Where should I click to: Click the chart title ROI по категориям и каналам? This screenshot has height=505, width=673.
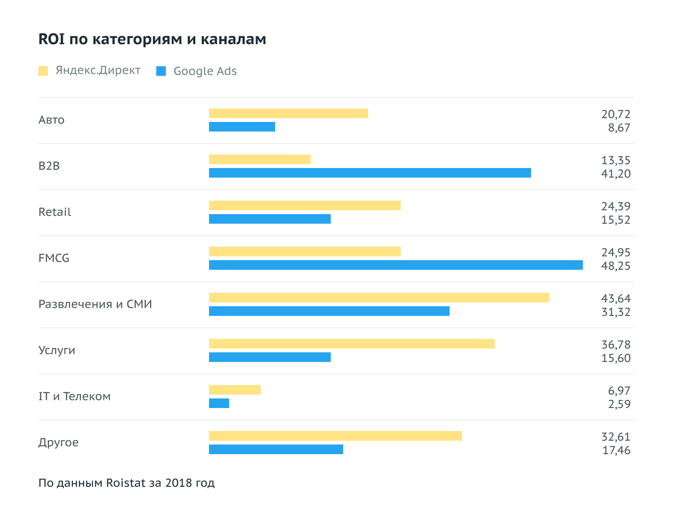point(152,39)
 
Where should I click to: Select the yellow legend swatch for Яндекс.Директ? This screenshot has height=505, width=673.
point(43,71)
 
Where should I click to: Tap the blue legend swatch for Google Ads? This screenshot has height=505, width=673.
point(161,71)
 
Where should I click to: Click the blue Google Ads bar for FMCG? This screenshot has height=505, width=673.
point(395,265)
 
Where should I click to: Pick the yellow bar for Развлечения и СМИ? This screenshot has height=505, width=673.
point(379,298)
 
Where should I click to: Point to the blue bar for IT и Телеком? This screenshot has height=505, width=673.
point(219,403)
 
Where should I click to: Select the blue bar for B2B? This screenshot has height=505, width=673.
point(370,173)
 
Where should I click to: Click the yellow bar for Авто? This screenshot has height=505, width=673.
point(288,113)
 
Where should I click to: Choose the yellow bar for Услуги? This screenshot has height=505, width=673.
point(351,344)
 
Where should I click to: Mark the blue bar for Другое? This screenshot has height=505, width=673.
point(276,449)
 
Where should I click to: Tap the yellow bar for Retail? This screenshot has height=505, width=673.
point(304,205)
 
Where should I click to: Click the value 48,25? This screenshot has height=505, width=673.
point(616,266)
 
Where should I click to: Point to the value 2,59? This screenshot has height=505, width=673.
point(619,404)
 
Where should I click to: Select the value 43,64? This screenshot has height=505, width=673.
point(616,299)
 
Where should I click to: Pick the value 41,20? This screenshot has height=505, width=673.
point(616,174)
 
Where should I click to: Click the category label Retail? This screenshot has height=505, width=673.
point(55,212)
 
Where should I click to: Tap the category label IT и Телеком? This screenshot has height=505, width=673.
point(74,397)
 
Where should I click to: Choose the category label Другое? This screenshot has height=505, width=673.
point(58,443)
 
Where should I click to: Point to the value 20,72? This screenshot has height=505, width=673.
point(616,114)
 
